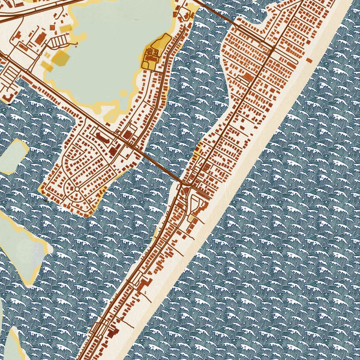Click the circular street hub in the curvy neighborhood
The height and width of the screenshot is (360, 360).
coord(74,190)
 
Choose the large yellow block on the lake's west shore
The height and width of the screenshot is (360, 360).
coord(61,58)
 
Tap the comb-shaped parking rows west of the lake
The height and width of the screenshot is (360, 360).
coord(60,41)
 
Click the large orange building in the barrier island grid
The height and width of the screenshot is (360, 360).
coord(248,77)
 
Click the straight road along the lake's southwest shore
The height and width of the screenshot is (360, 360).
coord(48,87)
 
